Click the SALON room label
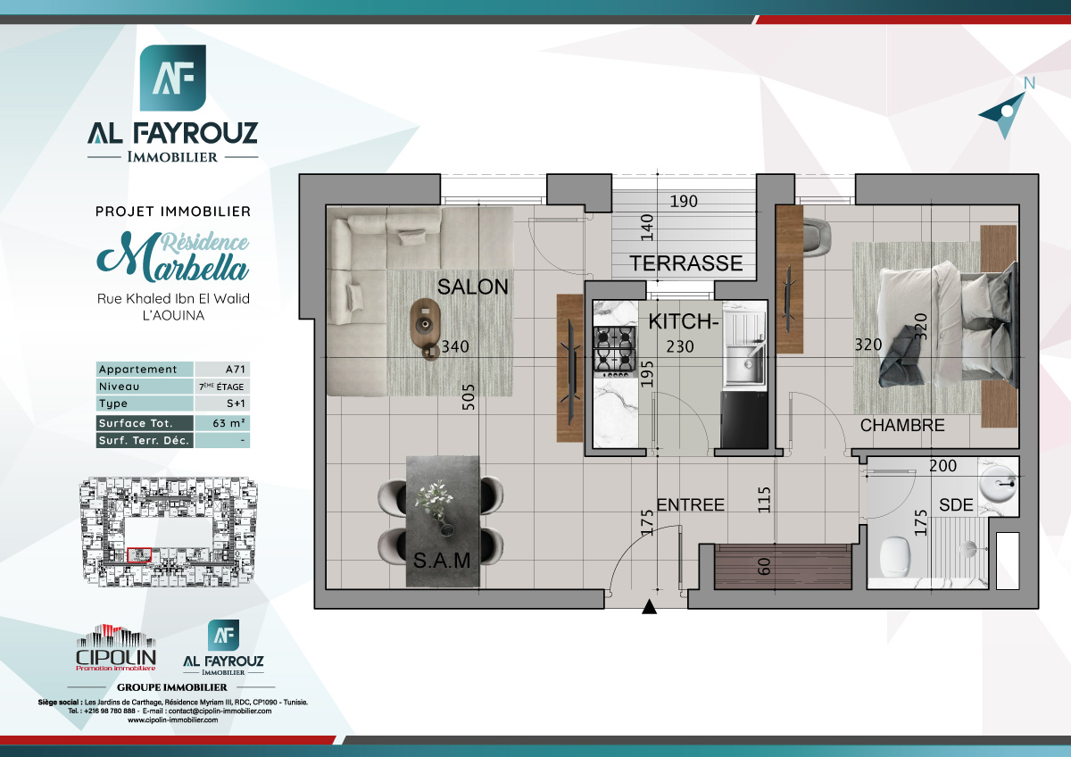[x=472, y=287]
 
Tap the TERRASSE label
[x=685, y=263]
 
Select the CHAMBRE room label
[x=901, y=426]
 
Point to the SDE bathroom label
[x=956, y=505]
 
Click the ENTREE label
[x=690, y=505]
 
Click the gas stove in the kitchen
[x=615, y=348]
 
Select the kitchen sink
[x=743, y=362]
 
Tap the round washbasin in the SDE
[x=998, y=487]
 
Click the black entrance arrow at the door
[x=650, y=609]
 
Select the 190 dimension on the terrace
[x=683, y=202]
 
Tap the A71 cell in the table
[x=221, y=370]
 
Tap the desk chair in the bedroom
[x=814, y=232]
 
